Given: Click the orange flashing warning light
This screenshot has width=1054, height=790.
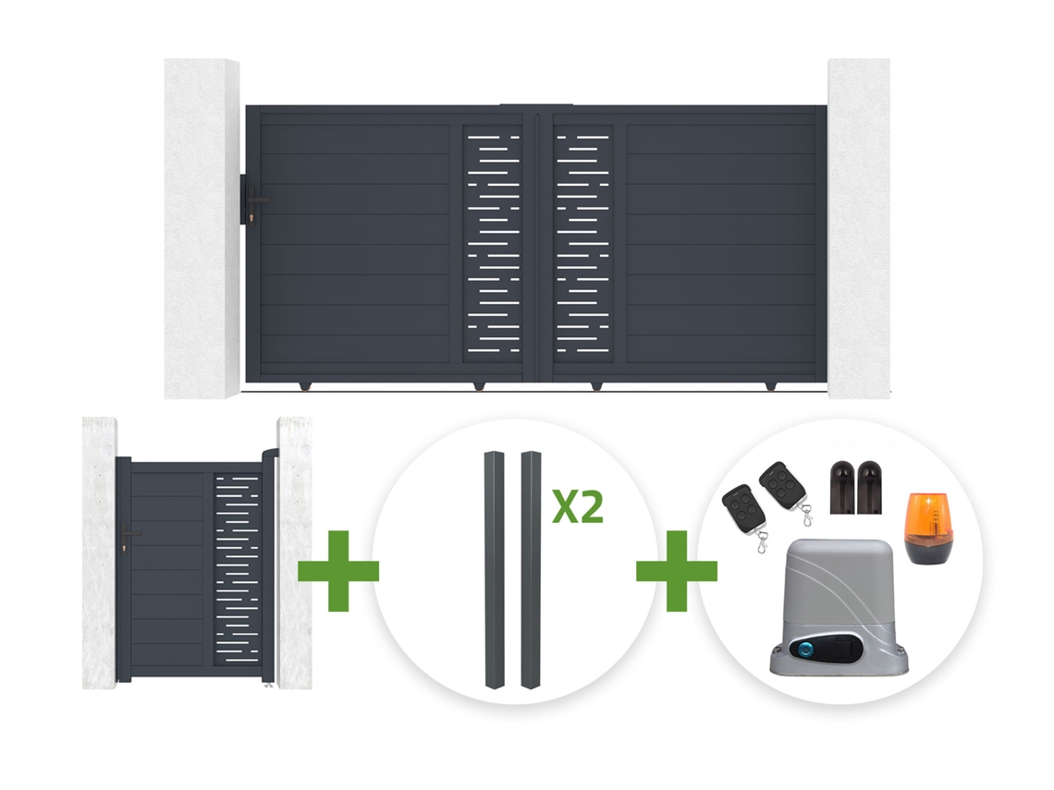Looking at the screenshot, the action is [929, 528].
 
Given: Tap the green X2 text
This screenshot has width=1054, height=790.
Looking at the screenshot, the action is [578, 507].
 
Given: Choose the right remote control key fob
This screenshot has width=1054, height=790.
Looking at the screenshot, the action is [784, 488].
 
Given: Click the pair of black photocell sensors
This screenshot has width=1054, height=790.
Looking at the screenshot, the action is [855, 487].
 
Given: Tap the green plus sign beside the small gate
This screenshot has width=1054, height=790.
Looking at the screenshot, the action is [338, 571].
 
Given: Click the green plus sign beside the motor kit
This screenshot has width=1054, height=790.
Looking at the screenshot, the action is [676, 571].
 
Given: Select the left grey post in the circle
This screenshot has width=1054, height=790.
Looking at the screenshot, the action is [494, 570].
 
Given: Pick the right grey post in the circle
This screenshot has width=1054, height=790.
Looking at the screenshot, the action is [531, 570].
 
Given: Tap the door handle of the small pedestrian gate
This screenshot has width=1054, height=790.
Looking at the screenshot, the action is [128, 535].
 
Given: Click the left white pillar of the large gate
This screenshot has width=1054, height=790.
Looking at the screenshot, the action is [202, 228].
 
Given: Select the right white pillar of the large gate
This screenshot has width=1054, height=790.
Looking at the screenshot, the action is [859, 228].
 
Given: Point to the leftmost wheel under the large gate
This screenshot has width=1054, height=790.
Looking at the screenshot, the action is [306, 385].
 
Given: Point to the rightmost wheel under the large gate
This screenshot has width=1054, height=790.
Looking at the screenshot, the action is [770, 385].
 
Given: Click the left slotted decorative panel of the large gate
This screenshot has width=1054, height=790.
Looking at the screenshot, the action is [494, 243].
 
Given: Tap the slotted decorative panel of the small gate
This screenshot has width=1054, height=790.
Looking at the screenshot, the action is [236, 569].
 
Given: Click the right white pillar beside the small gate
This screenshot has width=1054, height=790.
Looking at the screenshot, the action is [294, 553].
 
